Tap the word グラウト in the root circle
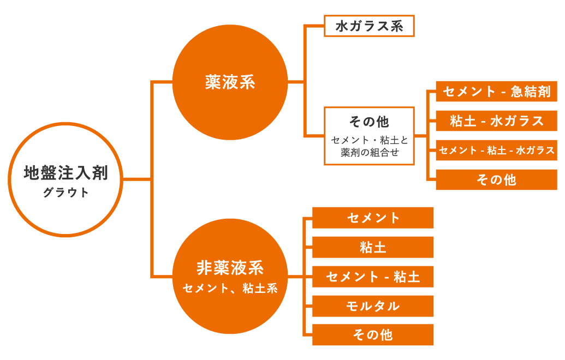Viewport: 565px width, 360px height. point(66,193)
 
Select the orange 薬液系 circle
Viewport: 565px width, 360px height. point(230,82)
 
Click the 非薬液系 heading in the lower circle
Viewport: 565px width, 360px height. point(230,268)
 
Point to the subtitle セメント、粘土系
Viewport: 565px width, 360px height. point(230,289)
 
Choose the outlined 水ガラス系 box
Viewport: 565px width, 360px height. point(369,26)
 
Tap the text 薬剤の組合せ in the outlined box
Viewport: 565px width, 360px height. point(369,153)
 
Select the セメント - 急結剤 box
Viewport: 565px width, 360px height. point(496,92)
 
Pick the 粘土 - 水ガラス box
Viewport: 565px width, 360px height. point(496,121)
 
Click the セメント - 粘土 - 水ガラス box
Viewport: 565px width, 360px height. point(496,151)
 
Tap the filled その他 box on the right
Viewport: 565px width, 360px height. point(496,180)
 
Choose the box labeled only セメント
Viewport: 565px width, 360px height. point(373,218)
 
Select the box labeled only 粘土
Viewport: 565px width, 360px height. point(373,247)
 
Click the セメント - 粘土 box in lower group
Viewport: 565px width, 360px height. point(373,277)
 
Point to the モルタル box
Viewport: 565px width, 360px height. point(373,306)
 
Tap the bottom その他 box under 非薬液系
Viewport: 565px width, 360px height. point(373,335)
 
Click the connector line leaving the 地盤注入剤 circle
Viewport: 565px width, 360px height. point(136,178)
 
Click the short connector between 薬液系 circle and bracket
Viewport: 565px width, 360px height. point(295,82)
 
